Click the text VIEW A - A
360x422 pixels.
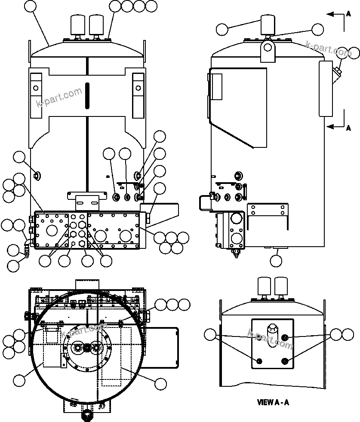273,403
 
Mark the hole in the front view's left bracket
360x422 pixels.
36,88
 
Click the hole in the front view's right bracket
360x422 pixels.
138,88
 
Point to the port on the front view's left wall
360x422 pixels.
37,175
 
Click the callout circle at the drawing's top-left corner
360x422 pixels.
30,6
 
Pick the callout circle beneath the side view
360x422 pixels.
276,260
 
